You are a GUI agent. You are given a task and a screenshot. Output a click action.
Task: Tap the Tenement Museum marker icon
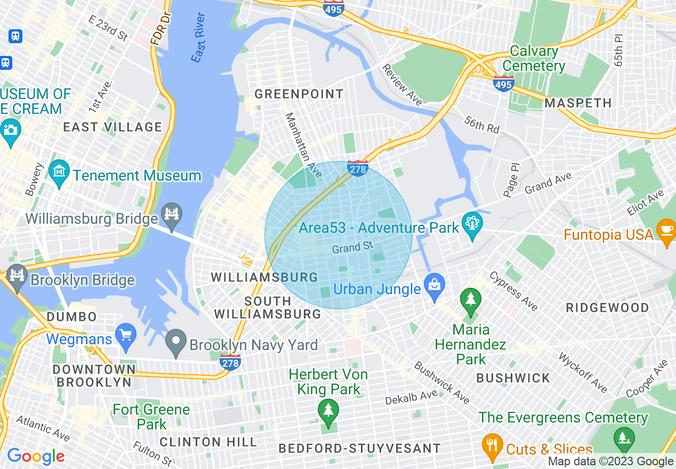(59, 172)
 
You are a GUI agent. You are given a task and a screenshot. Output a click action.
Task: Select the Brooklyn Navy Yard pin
(175, 341)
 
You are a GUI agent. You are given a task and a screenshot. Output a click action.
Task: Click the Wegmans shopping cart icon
(126, 335)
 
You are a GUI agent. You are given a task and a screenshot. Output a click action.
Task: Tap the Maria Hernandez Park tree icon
(470, 299)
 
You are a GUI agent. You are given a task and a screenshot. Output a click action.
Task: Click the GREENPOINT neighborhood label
(299, 94)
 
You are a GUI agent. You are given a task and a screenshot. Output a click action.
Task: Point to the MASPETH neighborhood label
(578, 103)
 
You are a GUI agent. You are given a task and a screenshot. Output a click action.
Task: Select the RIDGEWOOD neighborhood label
(607, 308)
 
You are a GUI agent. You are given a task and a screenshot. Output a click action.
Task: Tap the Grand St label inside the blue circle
(352, 247)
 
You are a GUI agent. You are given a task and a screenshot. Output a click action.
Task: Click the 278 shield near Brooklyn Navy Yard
(230, 362)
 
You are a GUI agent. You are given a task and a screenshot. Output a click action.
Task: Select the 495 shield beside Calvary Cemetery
(503, 84)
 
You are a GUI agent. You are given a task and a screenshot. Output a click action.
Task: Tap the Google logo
(36, 456)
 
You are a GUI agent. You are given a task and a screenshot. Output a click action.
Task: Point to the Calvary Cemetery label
(534, 59)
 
